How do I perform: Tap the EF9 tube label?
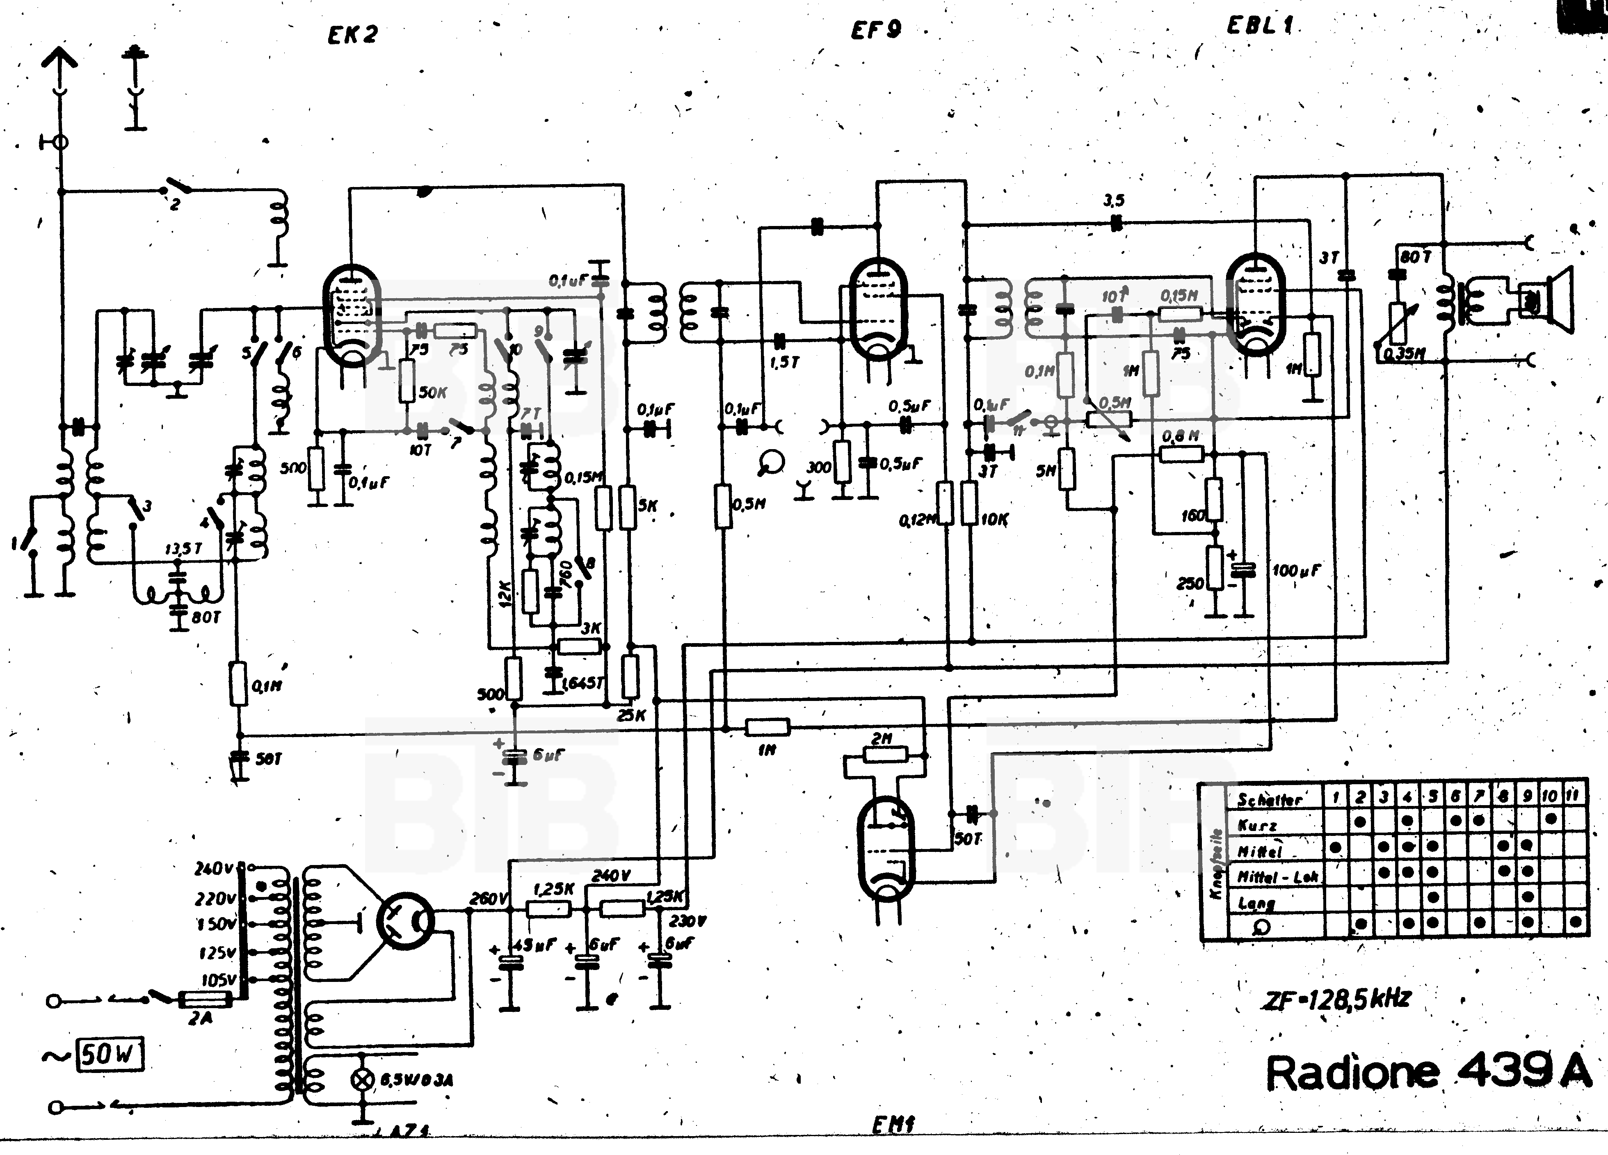(x=876, y=30)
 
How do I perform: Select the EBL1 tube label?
(x=1260, y=25)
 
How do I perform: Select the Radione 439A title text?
(x=1427, y=1073)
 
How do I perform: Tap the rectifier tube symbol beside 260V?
(x=405, y=920)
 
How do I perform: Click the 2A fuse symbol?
(x=204, y=1000)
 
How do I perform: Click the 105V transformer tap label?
(x=218, y=980)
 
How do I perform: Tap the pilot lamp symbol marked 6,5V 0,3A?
(x=362, y=1080)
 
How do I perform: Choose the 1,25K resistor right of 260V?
(x=549, y=908)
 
